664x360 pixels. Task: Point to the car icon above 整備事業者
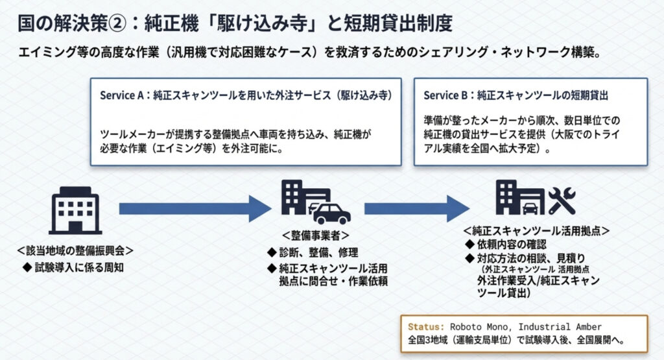(x=331, y=212)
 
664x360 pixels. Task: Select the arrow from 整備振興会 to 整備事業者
(x=193, y=208)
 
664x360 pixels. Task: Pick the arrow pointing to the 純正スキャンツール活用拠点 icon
(x=415, y=208)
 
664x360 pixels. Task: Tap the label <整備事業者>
(x=316, y=235)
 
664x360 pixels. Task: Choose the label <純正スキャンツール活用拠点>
(x=536, y=231)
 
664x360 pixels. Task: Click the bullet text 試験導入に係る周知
(x=78, y=267)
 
